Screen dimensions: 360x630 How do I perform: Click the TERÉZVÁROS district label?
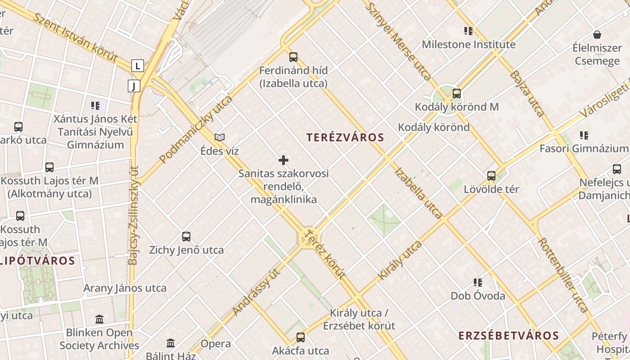(x=345, y=138)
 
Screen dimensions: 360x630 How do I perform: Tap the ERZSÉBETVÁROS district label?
(x=508, y=336)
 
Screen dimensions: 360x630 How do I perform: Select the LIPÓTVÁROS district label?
(x=38, y=261)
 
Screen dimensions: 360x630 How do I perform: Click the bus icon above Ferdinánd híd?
(x=293, y=57)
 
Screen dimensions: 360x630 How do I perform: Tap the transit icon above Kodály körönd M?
(x=457, y=94)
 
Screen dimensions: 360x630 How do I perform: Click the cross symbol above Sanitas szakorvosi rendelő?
(x=283, y=160)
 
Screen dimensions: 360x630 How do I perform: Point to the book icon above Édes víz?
(x=220, y=137)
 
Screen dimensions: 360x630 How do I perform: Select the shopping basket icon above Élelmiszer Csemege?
(x=597, y=35)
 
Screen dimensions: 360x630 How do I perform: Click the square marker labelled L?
(x=138, y=66)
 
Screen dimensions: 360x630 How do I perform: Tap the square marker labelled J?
(x=134, y=85)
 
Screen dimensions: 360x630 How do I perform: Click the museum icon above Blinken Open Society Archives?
(x=99, y=319)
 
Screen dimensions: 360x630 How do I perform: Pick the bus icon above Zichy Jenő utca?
(x=186, y=237)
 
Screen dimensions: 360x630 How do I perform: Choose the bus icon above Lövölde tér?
(x=491, y=176)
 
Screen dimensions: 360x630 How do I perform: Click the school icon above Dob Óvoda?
(x=478, y=283)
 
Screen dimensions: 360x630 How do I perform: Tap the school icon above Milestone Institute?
(x=468, y=31)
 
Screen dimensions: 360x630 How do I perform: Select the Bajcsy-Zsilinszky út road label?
(x=134, y=216)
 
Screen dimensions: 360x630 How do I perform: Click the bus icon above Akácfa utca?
(x=301, y=337)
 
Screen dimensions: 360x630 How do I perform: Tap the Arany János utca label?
(x=125, y=288)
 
